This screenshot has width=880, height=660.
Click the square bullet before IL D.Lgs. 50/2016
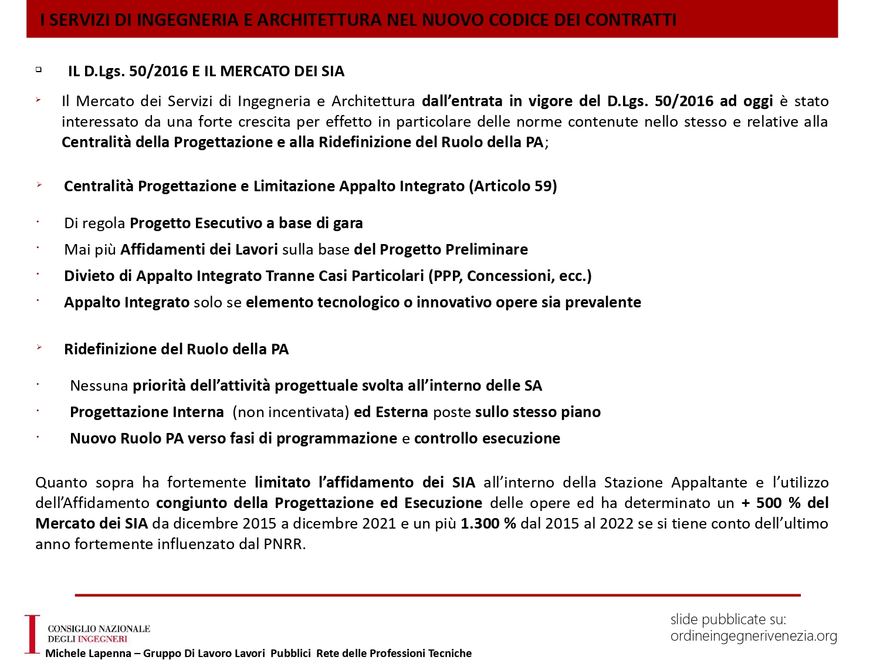(x=39, y=69)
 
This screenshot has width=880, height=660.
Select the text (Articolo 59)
(x=513, y=187)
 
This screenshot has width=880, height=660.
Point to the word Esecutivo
(x=228, y=224)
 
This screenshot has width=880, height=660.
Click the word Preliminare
(x=491, y=250)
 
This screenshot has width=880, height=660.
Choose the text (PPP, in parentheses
(x=445, y=276)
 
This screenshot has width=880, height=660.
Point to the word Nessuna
(x=99, y=386)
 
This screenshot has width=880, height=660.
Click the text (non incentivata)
(x=291, y=412)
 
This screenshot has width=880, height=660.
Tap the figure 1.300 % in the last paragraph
(x=488, y=523)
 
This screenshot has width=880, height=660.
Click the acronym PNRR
(x=284, y=544)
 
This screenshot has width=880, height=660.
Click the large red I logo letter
(x=32, y=634)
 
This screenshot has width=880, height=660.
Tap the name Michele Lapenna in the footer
(x=88, y=654)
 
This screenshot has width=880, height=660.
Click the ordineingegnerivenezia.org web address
(x=753, y=636)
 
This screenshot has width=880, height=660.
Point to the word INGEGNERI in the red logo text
(x=103, y=639)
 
